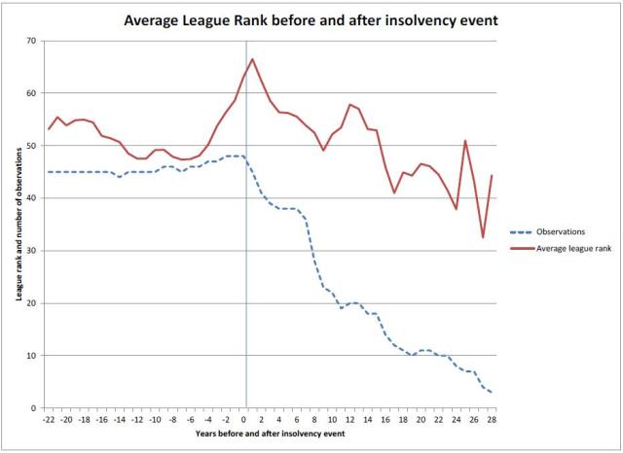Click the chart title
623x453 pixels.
[311, 19]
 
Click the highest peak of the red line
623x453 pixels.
[253, 59]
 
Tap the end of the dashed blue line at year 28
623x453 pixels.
[492, 392]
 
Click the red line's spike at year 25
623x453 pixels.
[465, 141]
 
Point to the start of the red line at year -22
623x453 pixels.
[49, 128]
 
